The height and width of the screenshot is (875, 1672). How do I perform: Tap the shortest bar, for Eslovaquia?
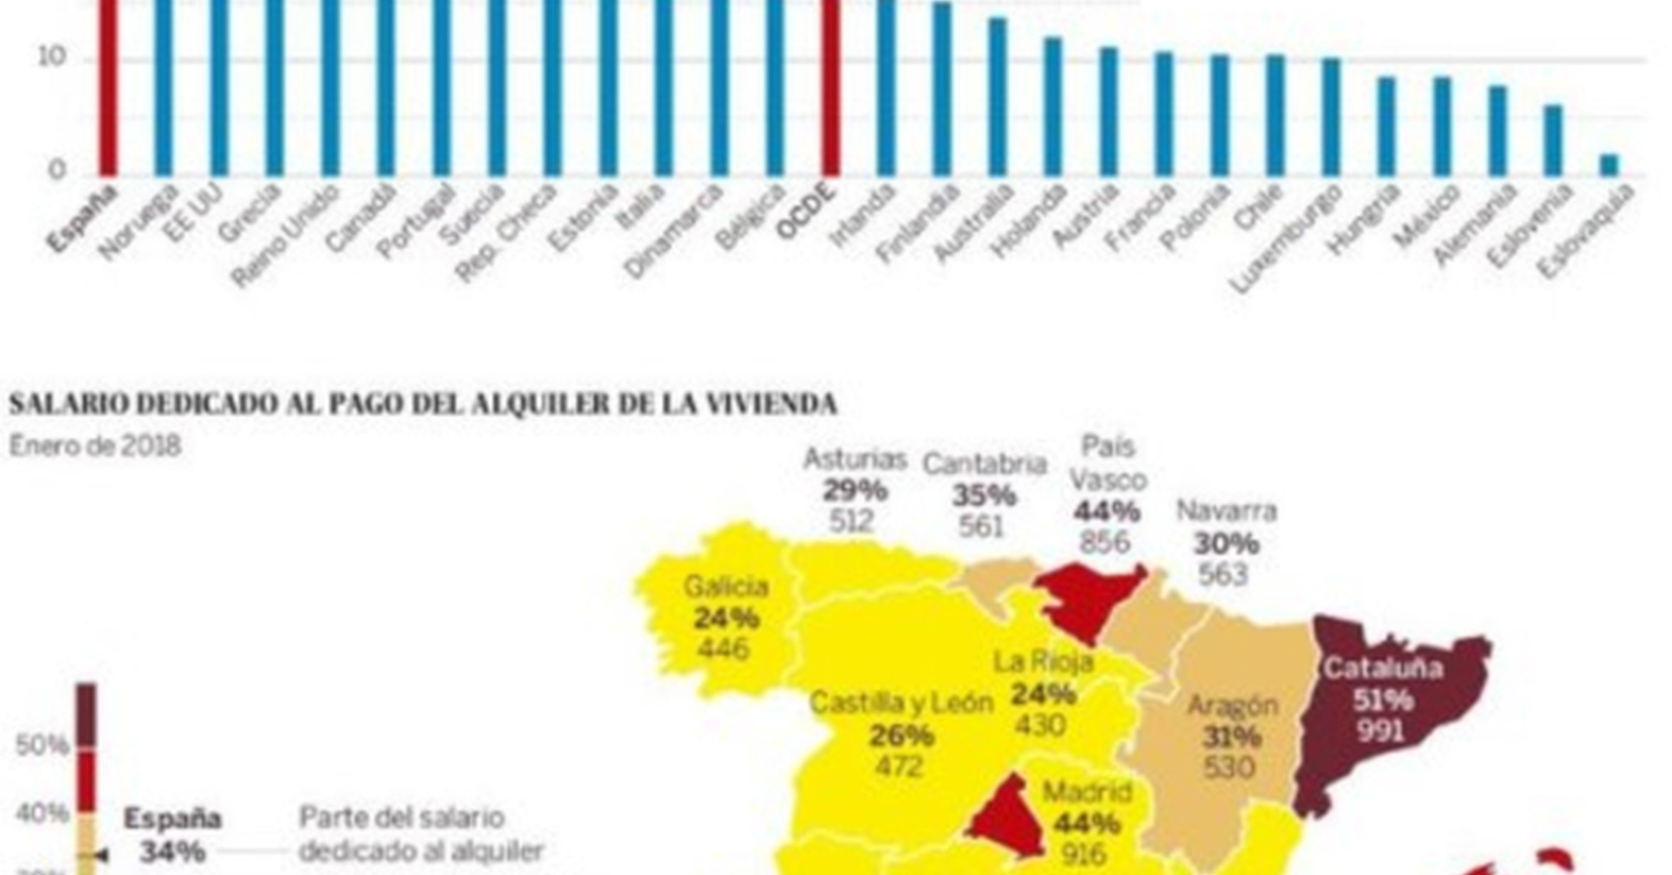pyautogui.click(x=1609, y=165)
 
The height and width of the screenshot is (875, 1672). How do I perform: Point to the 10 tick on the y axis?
pyautogui.click(x=51, y=57)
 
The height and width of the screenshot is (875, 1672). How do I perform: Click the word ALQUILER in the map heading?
pyautogui.click(x=541, y=404)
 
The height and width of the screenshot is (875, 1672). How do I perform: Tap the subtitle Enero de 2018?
pyautogui.click(x=95, y=447)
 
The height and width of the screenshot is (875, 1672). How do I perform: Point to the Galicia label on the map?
pyautogui.click(x=726, y=587)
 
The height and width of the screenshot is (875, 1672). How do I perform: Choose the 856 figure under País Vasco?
pyautogui.click(x=1104, y=542)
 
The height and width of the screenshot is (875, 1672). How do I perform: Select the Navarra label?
pyautogui.click(x=1227, y=511)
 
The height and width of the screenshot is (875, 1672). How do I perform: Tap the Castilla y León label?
pyautogui.click(x=901, y=704)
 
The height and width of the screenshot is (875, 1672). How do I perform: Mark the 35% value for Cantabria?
pyautogui.click(x=984, y=495)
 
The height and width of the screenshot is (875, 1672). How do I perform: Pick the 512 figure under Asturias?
pyautogui.click(x=851, y=521)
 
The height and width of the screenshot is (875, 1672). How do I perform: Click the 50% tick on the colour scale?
pyautogui.click(x=42, y=746)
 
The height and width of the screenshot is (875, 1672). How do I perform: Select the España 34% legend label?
pyautogui.click(x=172, y=834)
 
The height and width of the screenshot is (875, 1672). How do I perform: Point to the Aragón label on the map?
pyautogui.click(x=1233, y=706)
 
